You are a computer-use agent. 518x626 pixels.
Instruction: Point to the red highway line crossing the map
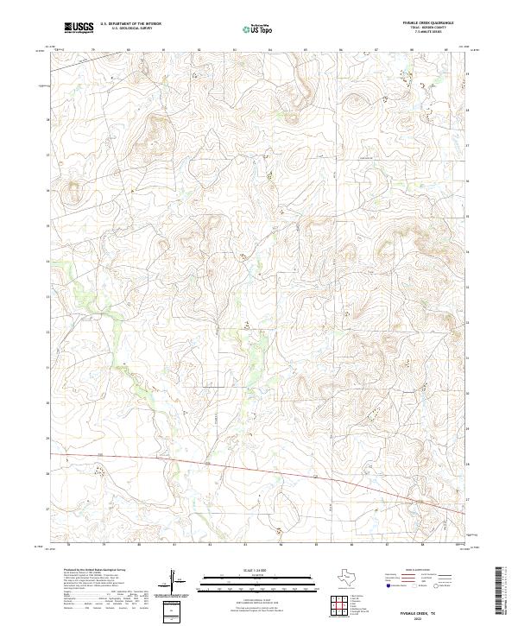pos(259,471)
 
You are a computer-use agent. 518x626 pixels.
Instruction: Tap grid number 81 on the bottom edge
pos(174,545)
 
